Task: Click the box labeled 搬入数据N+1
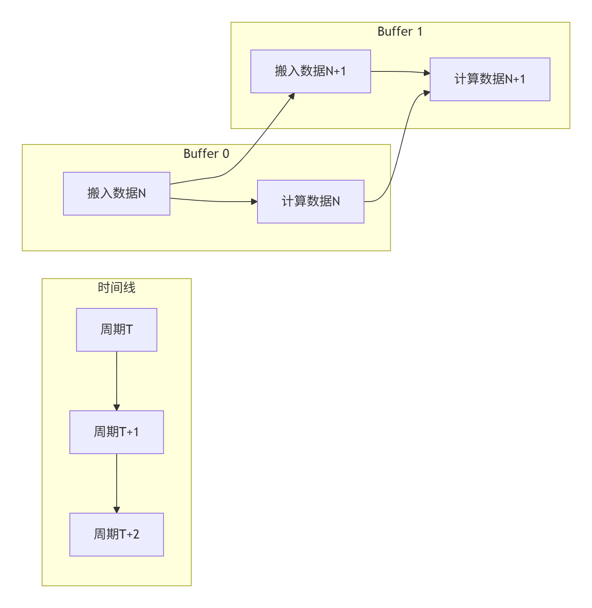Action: pos(310,71)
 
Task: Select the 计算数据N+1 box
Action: pos(490,79)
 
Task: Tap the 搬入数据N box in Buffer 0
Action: pos(116,194)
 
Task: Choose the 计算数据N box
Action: pos(310,202)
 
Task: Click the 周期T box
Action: pos(116,329)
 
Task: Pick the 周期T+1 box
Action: pos(116,432)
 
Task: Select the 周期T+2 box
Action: pos(116,534)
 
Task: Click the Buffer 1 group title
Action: pos(400,32)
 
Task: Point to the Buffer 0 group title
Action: pos(206,154)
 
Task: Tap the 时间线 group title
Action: pos(116,288)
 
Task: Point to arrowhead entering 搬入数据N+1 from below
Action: pos(292,96)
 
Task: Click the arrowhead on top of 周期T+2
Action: pos(116,510)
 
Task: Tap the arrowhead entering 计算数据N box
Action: pos(254,202)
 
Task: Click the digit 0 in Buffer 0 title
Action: pos(226,154)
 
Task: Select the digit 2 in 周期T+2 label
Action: pos(136,535)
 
